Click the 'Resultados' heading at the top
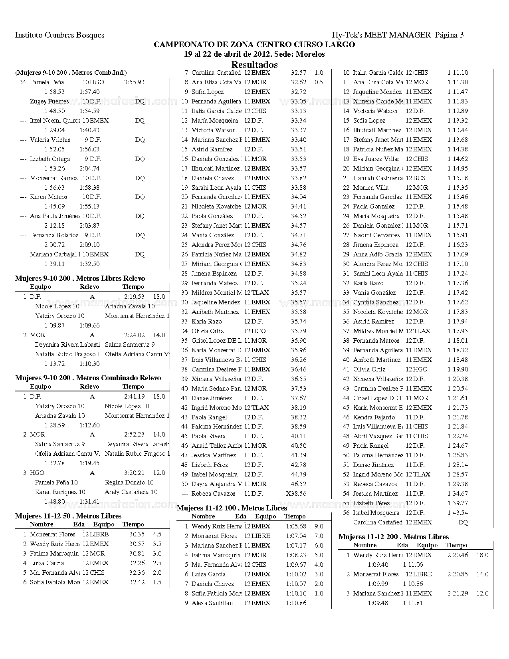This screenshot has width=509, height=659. (254, 64)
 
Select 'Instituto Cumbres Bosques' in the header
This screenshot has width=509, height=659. (59, 35)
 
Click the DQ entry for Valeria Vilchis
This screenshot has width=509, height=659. (140, 140)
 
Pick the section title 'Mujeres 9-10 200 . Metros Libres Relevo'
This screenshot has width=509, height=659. (80, 278)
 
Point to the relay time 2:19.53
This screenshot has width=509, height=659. (134, 297)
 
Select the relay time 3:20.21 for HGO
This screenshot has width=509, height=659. (134, 473)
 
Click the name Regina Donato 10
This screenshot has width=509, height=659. (129, 482)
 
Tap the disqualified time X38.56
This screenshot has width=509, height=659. (296, 494)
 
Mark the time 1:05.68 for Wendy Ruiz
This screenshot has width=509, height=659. (296, 526)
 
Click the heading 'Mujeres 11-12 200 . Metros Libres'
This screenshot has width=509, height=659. (394, 537)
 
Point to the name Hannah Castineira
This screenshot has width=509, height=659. (378, 178)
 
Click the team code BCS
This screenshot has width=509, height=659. (419, 178)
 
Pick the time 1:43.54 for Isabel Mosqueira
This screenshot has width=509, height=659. (458, 513)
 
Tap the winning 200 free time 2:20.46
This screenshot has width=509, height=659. (458, 555)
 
